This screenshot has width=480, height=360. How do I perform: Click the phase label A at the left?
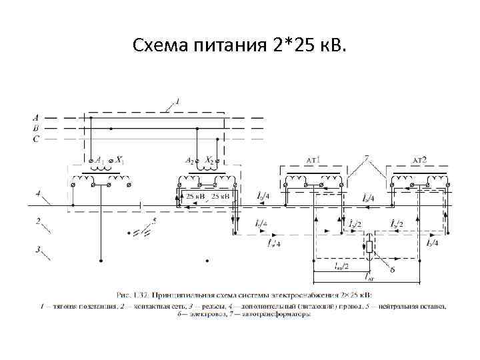(x=35, y=117)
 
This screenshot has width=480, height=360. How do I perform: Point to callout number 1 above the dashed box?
(x=177, y=101)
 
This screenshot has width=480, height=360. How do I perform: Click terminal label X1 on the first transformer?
(x=120, y=160)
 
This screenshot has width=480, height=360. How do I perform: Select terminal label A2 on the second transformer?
(x=189, y=161)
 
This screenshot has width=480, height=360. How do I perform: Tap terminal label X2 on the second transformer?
(x=211, y=161)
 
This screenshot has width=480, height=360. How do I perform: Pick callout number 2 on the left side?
(x=39, y=221)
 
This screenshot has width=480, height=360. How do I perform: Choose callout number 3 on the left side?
(x=39, y=249)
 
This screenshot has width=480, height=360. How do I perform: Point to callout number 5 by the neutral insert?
(x=154, y=221)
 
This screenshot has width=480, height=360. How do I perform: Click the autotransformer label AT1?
(x=313, y=160)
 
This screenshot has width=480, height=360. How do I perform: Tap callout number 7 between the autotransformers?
(x=366, y=158)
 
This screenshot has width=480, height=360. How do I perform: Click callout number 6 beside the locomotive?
(x=393, y=269)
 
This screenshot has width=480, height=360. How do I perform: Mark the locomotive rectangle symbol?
(x=368, y=248)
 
